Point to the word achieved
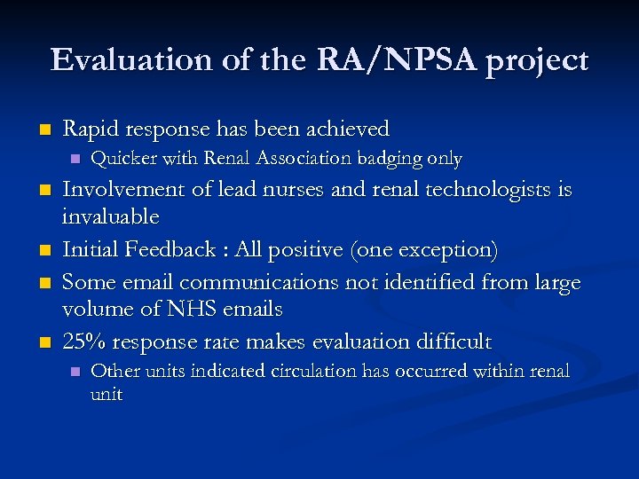[x=349, y=130]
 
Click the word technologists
[x=492, y=191]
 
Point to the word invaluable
[x=111, y=217]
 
